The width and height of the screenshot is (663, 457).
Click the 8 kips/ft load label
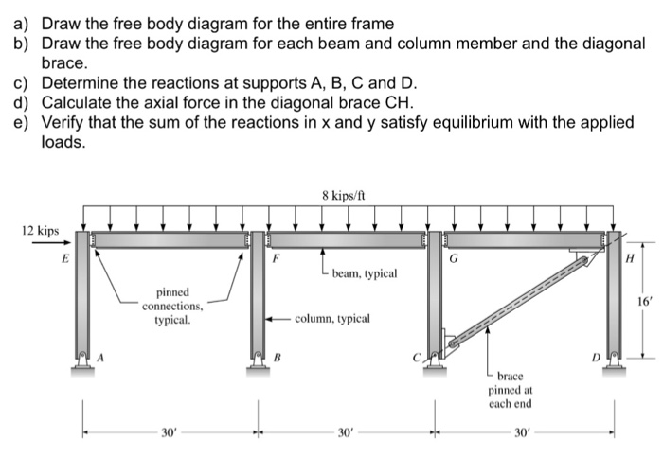click(x=342, y=197)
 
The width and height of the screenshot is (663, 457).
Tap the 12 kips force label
click(x=40, y=230)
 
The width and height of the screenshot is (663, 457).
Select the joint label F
click(x=275, y=255)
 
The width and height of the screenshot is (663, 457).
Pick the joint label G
click(x=456, y=255)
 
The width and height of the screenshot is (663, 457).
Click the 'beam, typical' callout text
click(x=364, y=273)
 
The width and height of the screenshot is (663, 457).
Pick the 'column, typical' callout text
click(x=331, y=319)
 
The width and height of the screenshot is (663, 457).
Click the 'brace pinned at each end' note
click(x=510, y=390)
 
